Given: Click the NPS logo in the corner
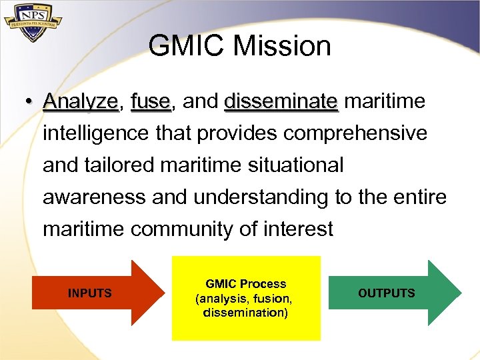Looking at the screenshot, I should pos(33,24).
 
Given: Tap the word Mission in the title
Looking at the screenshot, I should pos(283,47).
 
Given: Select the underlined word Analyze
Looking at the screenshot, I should pos(80,102).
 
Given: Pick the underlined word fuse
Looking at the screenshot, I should pos(151,102).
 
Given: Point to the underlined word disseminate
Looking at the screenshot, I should pos(281,102).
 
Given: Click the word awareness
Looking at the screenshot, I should pos(93,197).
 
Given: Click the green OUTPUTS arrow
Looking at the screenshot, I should pos(393,293).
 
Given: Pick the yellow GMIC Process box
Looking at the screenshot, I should pos(246,298).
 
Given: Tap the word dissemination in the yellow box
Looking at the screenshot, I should pos(245,313).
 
